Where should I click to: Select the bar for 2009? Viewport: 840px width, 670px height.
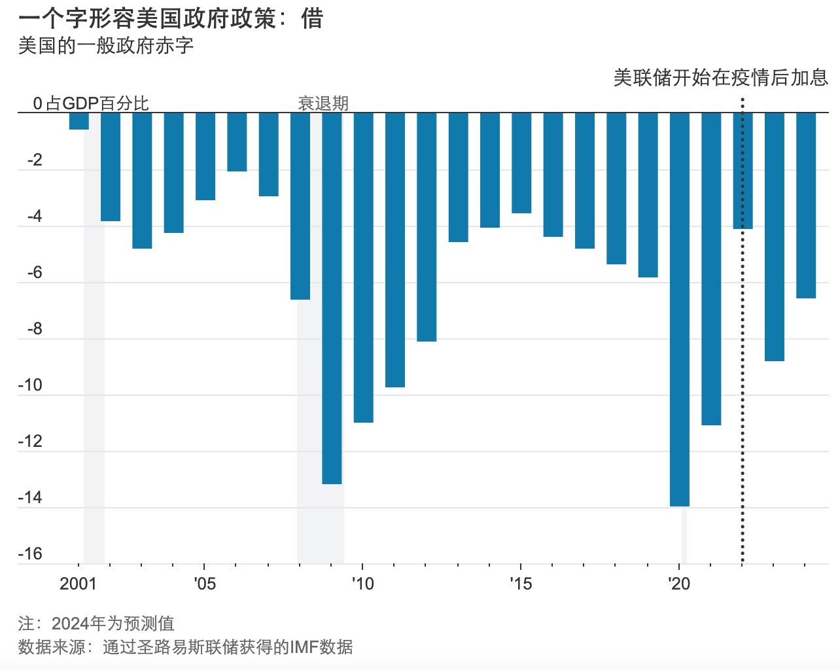[332, 298]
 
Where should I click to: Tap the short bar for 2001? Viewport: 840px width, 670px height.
[79, 121]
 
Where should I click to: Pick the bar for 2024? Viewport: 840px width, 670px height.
[806, 205]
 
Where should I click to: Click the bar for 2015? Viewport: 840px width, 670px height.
[521, 162]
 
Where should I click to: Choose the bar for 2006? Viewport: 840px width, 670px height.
[237, 141]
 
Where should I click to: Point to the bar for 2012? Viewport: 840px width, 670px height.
[427, 226]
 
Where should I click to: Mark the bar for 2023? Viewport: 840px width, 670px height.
[775, 236]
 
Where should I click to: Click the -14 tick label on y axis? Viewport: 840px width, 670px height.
[30, 497]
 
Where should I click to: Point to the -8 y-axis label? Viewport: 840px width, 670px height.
[35, 328]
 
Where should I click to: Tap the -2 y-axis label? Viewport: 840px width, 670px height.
[35, 160]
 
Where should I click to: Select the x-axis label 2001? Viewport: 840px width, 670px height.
[78, 584]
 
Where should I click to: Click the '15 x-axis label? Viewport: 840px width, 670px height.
[521, 584]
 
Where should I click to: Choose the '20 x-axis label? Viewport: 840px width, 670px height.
[679, 584]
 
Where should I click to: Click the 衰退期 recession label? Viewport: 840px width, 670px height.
[323, 103]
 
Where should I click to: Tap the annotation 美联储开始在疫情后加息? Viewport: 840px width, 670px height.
[721, 78]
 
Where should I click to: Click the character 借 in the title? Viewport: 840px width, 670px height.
[313, 18]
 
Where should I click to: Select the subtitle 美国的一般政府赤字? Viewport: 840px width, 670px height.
[106, 46]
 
